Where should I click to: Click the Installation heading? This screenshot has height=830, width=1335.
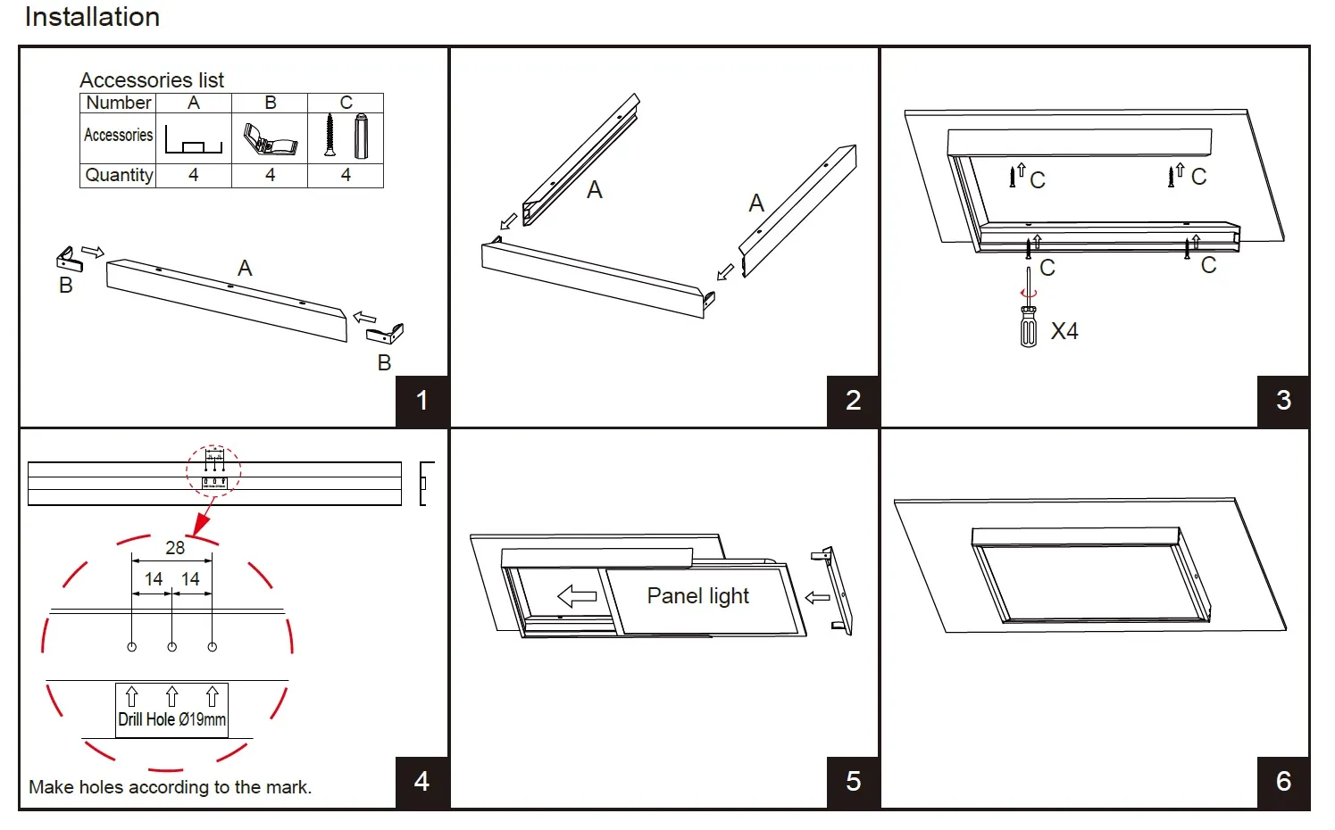click(x=92, y=17)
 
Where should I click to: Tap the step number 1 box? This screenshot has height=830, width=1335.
click(x=421, y=401)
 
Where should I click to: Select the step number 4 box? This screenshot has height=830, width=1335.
click(x=421, y=782)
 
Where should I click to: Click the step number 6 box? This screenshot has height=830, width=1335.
click(x=1283, y=782)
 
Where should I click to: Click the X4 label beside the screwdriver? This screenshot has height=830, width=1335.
click(x=1064, y=332)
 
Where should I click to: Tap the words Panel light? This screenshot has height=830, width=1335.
click(x=697, y=595)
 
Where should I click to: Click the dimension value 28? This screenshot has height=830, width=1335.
click(x=175, y=548)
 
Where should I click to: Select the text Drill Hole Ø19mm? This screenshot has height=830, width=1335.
click(x=172, y=719)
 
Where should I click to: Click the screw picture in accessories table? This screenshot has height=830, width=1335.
click(x=330, y=136)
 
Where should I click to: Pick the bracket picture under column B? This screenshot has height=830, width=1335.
click(x=269, y=139)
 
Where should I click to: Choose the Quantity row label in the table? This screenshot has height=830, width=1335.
click(x=119, y=175)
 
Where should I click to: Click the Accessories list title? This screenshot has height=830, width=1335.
click(x=152, y=80)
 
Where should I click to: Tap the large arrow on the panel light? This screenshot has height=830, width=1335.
click(x=577, y=595)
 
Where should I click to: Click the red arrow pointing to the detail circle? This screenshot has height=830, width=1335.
click(x=204, y=517)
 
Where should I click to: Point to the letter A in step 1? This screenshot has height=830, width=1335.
click(x=245, y=269)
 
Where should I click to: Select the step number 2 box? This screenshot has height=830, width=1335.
click(x=853, y=401)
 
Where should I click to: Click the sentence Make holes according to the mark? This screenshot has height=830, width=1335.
click(x=170, y=787)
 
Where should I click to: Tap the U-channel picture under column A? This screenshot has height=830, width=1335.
click(x=194, y=141)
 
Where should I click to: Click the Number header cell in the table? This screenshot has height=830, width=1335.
click(x=119, y=103)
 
